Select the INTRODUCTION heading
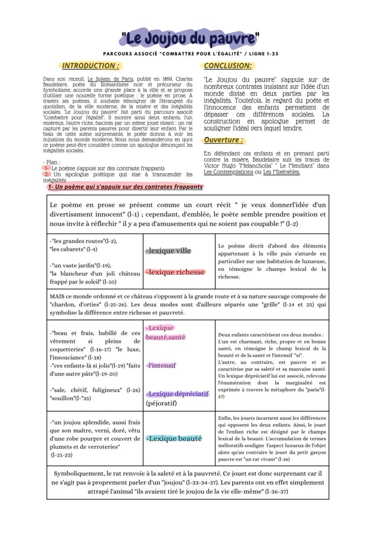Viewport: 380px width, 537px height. pyautogui.click(x=90, y=66)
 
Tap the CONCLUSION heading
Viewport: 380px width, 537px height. pyautogui.click(x=228, y=66)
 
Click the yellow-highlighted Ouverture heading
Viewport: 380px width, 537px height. pyautogui.click(x=223, y=140)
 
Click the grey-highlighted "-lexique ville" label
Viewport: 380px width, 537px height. pyautogui.click(x=168, y=251)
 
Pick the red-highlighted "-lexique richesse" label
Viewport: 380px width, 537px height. pyautogui.click(x=175, y=272)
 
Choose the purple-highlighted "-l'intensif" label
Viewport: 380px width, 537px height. pyautogui.click(x=161, y=365)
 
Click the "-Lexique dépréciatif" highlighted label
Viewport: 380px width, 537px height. pyautogui.click(x=177, y=394)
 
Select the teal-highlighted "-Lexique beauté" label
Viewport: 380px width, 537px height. pyautogui.click(x=174, y=438)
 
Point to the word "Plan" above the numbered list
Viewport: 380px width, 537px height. pyautogui.click(x=52, y=162)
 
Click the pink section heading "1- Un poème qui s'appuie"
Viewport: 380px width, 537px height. pyautogui.click(x=124, y=187)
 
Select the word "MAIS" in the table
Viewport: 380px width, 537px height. pyautogui.click(x=57, y=296)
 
